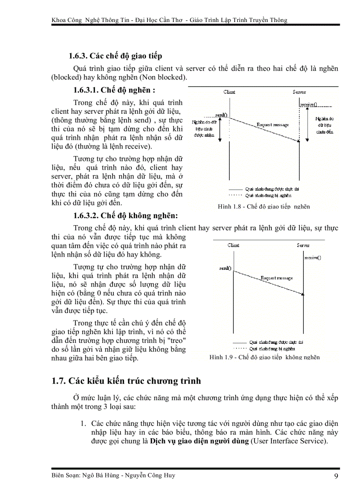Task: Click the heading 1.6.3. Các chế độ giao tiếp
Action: tap(115, 56)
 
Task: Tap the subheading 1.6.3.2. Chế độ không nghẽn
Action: tap(126, 216)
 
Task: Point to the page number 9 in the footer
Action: tap(336, 476)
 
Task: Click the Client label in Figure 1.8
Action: tap(229, 92)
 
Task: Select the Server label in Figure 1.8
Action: tap(299, 92)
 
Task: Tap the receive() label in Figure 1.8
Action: tap(308, 104)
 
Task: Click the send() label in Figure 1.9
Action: tap(225, 268)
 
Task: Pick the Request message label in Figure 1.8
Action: tap(272, 125)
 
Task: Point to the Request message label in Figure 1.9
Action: tap(276, 278)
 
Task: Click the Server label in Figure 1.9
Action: tap(303, 245)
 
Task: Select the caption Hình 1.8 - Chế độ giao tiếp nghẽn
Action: tap(264, 206)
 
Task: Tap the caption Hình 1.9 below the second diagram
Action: tap(265, 357)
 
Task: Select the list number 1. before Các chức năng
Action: tap(82, 423)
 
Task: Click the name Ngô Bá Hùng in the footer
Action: tap(98, 476)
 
